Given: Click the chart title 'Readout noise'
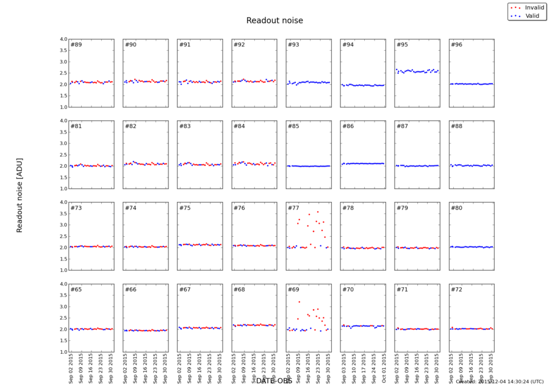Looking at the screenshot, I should pos(274,21).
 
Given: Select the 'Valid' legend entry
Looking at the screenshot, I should pos(529,15).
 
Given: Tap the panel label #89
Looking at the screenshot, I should pos(76,45).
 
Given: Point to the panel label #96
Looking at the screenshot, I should pos(456,45).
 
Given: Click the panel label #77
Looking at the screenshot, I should pos(293,209).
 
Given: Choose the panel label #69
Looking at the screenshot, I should pos(293,290).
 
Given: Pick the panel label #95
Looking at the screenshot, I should pos(402,45).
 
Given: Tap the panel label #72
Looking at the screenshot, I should pos(456,290).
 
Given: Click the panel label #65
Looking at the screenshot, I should pos(76,290).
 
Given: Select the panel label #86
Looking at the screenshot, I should pos(348,127).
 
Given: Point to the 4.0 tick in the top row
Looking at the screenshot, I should pos(62,40).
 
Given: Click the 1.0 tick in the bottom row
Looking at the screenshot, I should pos(62,352).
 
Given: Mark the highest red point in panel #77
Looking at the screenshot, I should pos(317,212).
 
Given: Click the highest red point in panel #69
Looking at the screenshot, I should pos(299,301).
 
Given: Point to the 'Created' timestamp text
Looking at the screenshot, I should pos(498,381).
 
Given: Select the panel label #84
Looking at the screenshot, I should pos(239,127).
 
